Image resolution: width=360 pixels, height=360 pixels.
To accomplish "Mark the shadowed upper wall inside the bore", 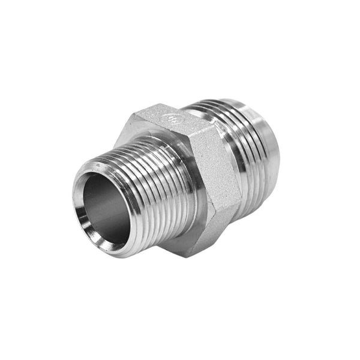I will (x=105, y=186).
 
